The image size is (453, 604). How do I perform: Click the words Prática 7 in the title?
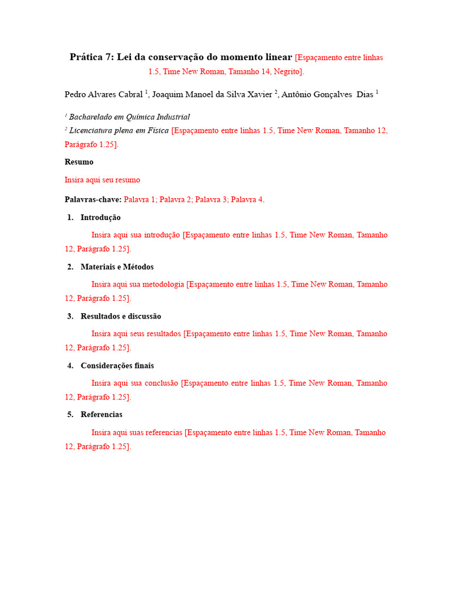tap(91, 57)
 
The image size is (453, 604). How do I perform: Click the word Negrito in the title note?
tap(287, 72)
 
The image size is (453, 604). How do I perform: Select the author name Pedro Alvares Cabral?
tap(104, 94)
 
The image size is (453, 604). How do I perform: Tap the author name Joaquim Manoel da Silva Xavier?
tap(212, 94)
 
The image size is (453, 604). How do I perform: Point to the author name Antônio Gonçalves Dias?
tap(327, 94)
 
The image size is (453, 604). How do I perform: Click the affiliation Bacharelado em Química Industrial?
tap(129, 117)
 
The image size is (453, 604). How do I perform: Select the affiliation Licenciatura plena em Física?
tap(119, 130)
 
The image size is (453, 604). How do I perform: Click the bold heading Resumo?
tap(79, 162)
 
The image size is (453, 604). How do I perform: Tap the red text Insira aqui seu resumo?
tap(102, 180)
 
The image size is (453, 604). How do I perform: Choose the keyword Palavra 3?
tap(211, 200)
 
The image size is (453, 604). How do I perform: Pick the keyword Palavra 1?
tap(140, 200)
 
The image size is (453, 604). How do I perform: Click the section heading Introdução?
tap(101, 218)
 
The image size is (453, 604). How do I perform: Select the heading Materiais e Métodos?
tap(117, 267)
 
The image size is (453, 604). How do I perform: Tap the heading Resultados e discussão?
tap(120, 317)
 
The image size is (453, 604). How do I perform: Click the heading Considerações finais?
tap(117, 366)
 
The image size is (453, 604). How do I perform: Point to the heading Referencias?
tap(101, 415)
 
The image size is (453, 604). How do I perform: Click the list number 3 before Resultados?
tap(70, 317)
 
